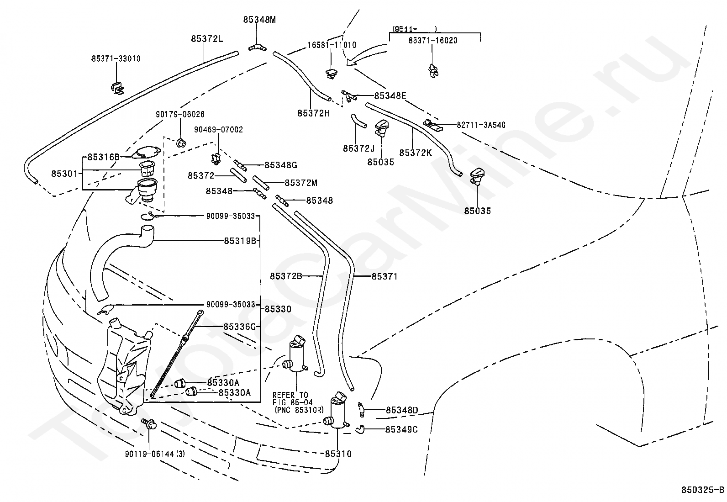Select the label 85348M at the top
coord(259,20)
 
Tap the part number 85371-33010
coord(116,58)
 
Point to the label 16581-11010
coord(332,45)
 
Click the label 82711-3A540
coord(481,125)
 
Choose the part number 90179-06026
coord(180,114)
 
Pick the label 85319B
coord(240,241)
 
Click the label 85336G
coord(240,327)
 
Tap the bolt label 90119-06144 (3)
coord(155,454)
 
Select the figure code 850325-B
coord(702,491)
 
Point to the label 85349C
coord(401,429)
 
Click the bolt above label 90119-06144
coord(149,423)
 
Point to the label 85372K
coord(415,153)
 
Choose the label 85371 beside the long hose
coord(384,276)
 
